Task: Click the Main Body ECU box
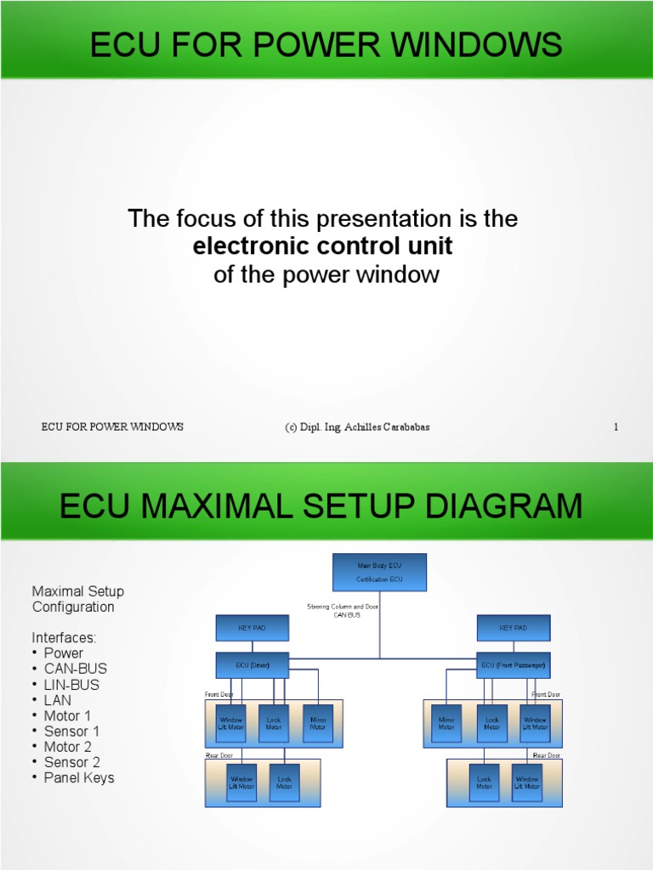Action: (379, 572)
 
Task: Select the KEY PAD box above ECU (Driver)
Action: (253, 628)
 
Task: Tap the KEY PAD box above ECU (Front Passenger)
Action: (513, 628)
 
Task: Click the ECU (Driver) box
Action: (253, 664)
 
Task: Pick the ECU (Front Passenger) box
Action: (513, 664)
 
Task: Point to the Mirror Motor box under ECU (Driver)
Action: (318, 723)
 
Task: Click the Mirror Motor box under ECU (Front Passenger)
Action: (446, 723)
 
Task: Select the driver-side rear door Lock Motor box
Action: (284, 782)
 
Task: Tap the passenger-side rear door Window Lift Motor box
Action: (527, 782)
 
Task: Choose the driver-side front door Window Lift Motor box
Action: (230, 723)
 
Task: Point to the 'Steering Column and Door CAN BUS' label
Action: (343, 610)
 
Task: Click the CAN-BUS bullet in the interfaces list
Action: (76, 669)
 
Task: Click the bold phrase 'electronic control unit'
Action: (323, 246)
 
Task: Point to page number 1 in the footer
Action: (616, 427)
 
